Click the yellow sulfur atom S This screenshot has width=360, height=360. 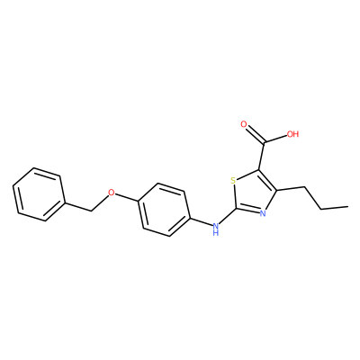click(x=233, y=181)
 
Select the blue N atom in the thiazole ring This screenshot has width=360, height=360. click(x=263, y=213)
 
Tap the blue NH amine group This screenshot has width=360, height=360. click(x=215, y=229)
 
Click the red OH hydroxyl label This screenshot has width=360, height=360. click(x=293, y=134)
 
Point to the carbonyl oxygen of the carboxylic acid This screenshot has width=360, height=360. click(x=244, y=124)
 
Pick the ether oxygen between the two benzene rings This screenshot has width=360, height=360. click(x=112, y=193)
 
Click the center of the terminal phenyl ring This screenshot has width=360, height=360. click(x=39, y=194)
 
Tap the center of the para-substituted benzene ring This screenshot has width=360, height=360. click(x=164, y=210)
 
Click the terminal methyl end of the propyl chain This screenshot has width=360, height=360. click(x=347, y=206)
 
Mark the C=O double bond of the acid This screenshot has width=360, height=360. click(x=255, y=134)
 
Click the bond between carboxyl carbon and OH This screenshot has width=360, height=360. click(x=275, y=139)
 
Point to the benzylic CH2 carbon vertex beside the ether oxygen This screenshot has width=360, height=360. click(x=91, y=211)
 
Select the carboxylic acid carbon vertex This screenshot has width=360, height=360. click(x=265, y=142)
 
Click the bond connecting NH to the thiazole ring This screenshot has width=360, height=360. click(x=228, y=216)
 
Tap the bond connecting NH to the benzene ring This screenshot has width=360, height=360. click(x=201, y=221)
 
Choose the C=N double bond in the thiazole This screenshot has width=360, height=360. click(x=247, y=211)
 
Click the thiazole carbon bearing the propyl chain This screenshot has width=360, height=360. click(x=276, y=190)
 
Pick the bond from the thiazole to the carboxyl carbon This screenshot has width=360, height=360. click(x=262, y=156)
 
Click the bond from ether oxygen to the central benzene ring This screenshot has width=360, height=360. click(x=127, y=197)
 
